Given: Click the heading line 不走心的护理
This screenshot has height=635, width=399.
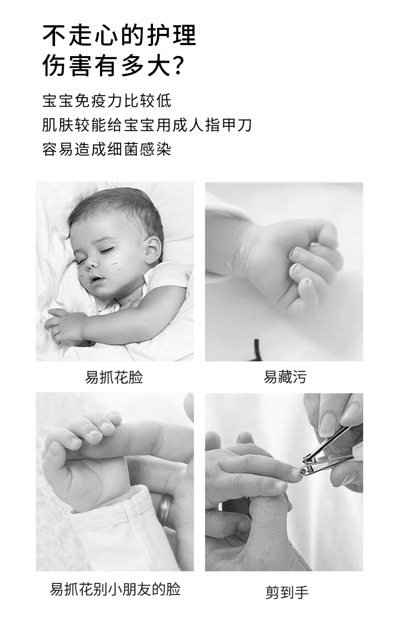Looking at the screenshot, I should tap(119, 36).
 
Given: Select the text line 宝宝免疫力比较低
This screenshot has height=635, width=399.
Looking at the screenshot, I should tap(107, 101).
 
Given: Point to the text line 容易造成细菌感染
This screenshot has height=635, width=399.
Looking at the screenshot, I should tap(107, 149).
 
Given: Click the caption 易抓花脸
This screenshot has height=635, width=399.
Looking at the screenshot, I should tap(114, 377).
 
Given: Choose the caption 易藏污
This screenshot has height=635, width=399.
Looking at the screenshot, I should tap(284, 377).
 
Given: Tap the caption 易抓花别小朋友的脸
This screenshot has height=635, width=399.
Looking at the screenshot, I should tap(115, 589).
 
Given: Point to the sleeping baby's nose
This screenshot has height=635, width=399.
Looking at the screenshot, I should tap(91, 263).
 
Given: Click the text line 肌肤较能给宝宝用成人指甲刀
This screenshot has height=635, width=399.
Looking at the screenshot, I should tap(146, 125).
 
